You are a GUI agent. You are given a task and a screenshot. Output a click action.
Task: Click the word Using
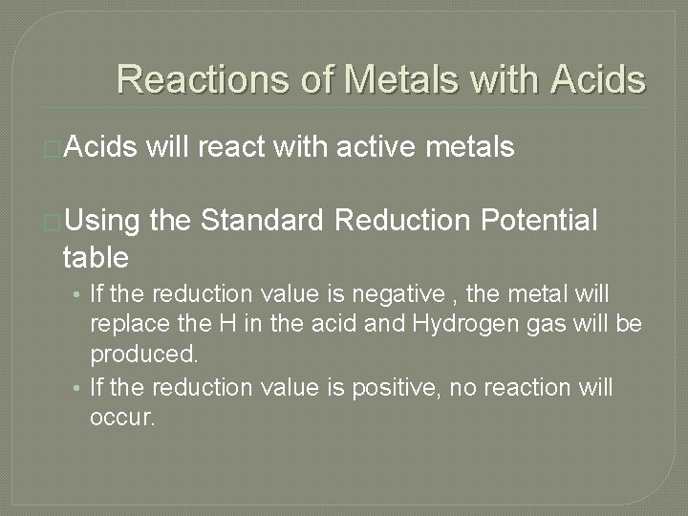pyautogui.click(x=106, y=222)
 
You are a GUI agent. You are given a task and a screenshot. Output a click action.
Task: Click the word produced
pyautogui.click(x=143, y=355)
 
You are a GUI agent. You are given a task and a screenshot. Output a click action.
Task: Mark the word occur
pyautogui.click(x=121, y=419)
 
